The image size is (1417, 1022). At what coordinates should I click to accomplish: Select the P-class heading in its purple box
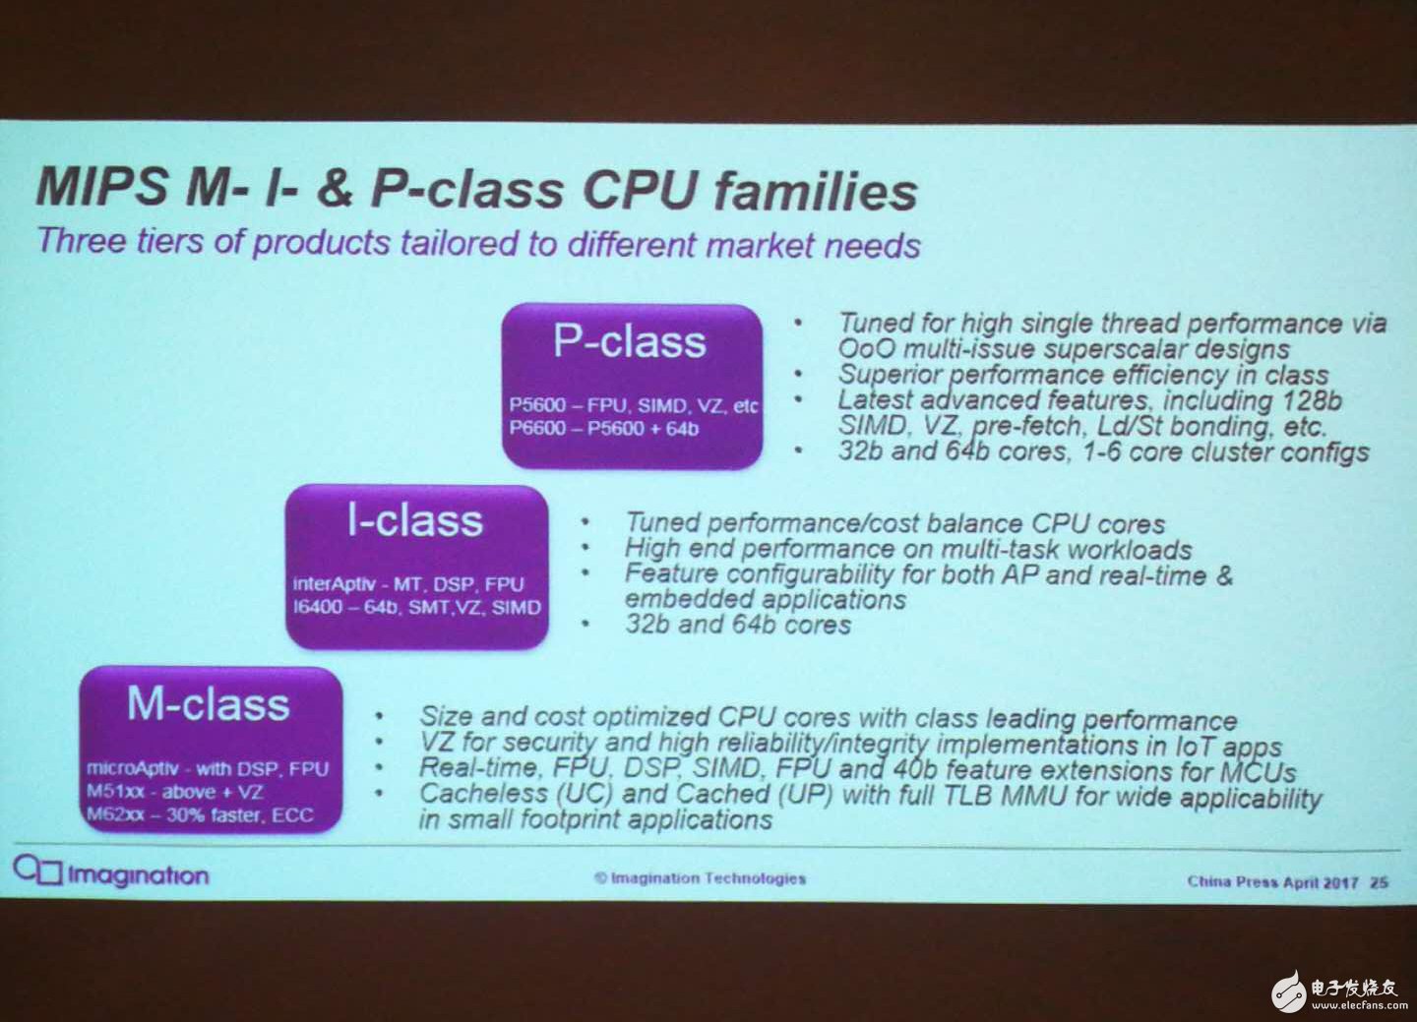(x=630, y=342)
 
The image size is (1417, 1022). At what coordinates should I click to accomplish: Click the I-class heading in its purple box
(x=415, y=521)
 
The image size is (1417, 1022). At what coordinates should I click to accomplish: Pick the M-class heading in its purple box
(x=209, y=704)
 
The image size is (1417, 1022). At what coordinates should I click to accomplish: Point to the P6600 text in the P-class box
(x=537, y=428)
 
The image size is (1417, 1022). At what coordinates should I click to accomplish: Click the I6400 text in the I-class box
(x=320, y=607)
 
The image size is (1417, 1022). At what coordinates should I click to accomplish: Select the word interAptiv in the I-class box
(x=335, y=583)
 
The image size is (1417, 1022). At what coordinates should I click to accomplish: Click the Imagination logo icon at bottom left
(x=38, y=871)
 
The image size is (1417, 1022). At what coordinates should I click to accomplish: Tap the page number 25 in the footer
(x=1379, y=882)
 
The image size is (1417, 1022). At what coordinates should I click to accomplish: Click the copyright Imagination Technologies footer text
(x=701, y=877)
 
